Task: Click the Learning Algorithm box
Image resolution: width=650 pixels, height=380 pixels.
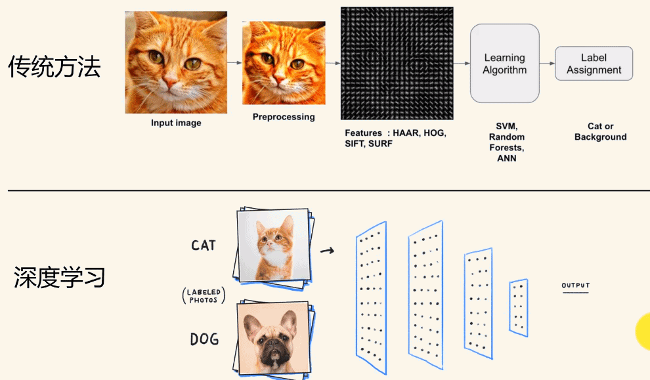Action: [x=504, y=64]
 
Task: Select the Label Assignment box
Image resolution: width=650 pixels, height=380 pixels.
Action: [x=594, y=64]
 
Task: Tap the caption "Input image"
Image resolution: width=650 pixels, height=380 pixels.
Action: [x=176, y=123]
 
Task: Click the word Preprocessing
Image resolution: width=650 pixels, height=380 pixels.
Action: [x=284, y=117]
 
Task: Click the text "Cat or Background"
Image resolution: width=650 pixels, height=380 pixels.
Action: [x=600, y=132]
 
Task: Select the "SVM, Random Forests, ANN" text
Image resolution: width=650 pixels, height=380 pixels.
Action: [x=506, y=142]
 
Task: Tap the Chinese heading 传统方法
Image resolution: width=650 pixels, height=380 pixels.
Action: [x=54, y=67]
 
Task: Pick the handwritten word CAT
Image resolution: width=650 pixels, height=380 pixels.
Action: [x=203, y=245]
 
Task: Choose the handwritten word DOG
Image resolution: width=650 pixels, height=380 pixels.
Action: [x=204, y=339]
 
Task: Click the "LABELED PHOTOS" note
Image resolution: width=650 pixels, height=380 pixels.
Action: [x=203, y=296]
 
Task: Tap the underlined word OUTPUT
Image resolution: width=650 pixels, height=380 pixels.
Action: [x=575, y=286]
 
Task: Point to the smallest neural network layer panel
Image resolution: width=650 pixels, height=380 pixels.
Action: [x=519, y=307]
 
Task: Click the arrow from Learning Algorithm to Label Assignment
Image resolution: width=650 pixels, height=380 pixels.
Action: [x=547, y=64]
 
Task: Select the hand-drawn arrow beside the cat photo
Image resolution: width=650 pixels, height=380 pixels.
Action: [x=327, y=250]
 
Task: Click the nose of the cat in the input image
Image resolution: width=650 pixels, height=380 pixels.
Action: [x=170, y=83]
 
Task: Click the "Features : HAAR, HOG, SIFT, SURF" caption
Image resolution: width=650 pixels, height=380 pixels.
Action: [x=395, y=138]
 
